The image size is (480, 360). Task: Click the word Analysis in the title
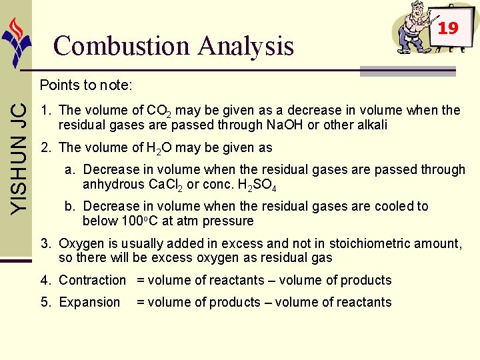(246, 47)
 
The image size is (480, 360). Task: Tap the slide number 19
(448, 27)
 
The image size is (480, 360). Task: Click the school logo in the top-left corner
(17, 40)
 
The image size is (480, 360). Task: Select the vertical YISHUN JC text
(19, 157)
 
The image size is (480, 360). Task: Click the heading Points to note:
(86, 85)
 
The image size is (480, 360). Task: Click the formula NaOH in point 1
(285, 125)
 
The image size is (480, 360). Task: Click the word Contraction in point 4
(92, 280)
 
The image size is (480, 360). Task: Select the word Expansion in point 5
(89, 302)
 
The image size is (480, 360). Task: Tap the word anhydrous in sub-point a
(107, 185)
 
